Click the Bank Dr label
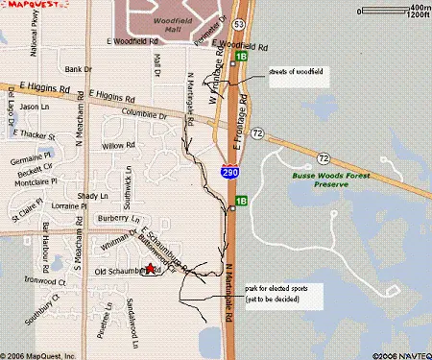tap(76, 69)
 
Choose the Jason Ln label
tap(34, 107)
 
